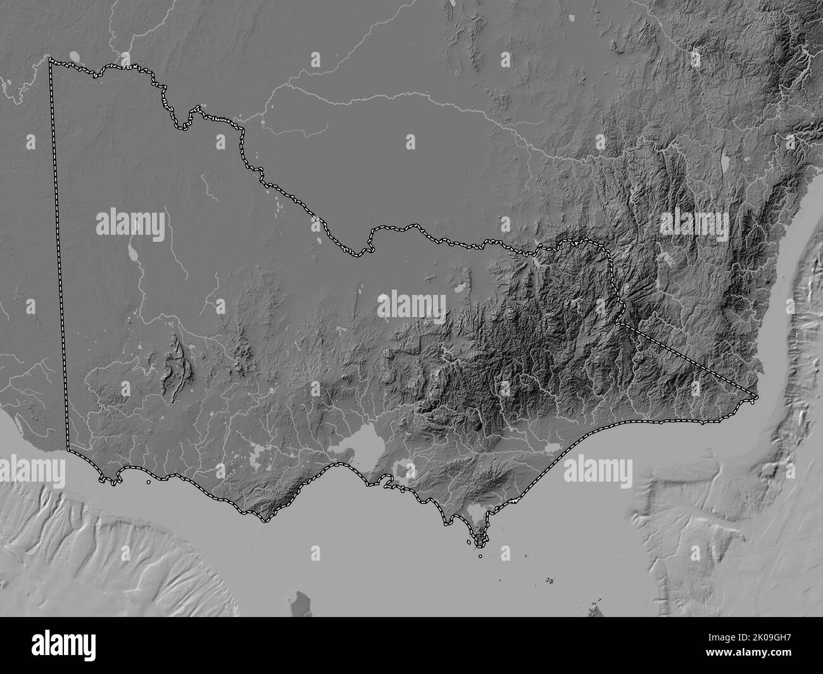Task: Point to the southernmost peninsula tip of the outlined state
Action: tap(480, 543)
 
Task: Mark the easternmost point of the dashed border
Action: tap(757, 397)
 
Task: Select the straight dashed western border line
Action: tap(60, 253)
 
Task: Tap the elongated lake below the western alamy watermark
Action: tap(134, 254)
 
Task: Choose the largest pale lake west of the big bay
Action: tap(259, 452)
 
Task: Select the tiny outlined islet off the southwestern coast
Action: tap(148, 482)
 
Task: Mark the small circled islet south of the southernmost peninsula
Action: tap(481, 556)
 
